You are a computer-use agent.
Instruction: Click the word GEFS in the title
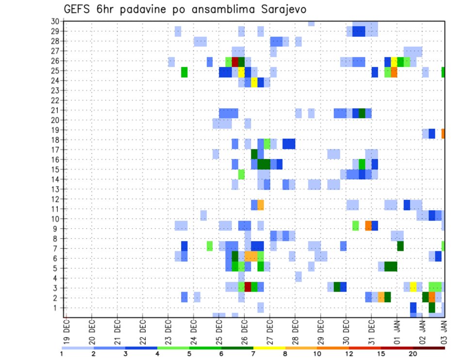point(79,9)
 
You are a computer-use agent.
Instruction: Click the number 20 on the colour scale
point(413,354)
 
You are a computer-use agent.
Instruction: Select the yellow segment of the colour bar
point(269,348)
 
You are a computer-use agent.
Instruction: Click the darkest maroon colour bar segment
point(429,348)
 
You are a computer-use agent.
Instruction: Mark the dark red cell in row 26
point(235,62)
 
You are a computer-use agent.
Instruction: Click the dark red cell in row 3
point(248,287)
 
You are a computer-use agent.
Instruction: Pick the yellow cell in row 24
point(254,82)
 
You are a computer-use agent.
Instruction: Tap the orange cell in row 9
point(368,226)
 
